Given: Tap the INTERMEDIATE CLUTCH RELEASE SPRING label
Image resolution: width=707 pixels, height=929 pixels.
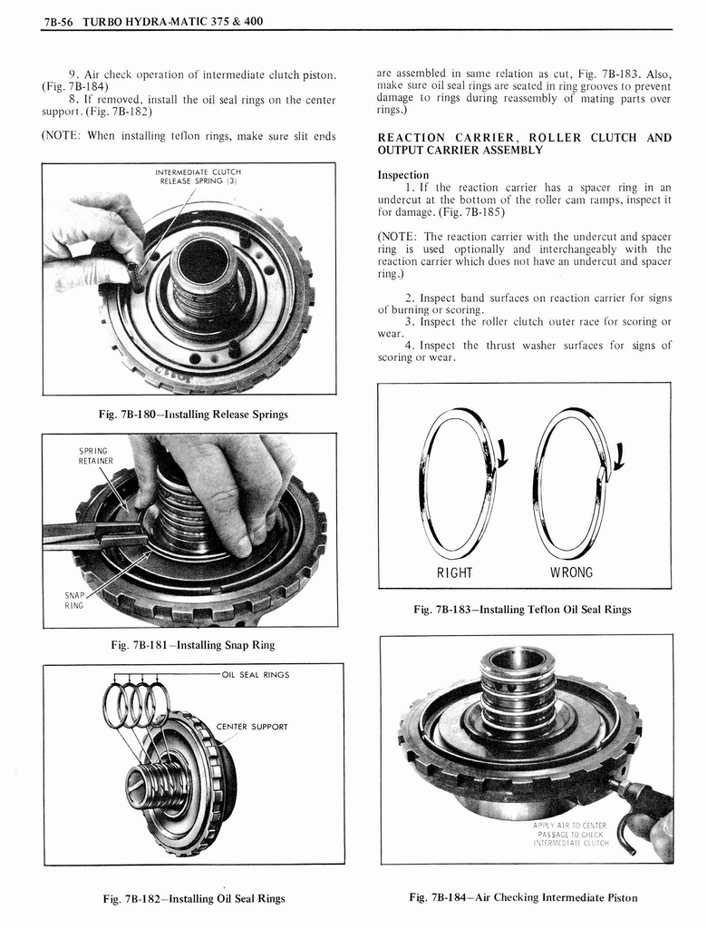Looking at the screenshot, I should tap(198, 175).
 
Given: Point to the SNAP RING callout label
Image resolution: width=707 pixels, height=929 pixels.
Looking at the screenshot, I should tap(74, 599).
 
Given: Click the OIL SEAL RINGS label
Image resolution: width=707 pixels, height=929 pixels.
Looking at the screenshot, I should tap(255, 675).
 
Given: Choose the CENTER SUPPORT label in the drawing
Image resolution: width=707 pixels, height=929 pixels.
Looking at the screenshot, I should tap(252, 727).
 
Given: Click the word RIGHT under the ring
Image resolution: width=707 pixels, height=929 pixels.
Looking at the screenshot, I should tap(454, 572).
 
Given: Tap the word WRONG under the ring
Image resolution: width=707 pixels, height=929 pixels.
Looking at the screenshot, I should tap(571, 572).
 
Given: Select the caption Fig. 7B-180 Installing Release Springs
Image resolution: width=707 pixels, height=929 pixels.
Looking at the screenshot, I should tap(193, 415).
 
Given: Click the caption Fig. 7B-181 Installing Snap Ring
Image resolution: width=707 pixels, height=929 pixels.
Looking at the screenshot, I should tap(192, 645).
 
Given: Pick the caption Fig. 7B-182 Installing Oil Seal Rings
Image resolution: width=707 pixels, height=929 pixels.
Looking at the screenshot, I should tap(194, 899).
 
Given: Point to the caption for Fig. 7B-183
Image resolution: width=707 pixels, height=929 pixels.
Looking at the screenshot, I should tap(522, 610).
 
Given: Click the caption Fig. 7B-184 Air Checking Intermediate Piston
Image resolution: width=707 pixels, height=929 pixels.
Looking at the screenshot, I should tap(523, 898).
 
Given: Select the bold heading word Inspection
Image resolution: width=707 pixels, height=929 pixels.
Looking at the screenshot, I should tap(403, 174).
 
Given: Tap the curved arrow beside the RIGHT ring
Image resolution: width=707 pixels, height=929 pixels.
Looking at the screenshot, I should tap(501, 451).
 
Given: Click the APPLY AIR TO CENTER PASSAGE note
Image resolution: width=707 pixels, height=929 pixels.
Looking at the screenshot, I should tap(570, 834).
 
